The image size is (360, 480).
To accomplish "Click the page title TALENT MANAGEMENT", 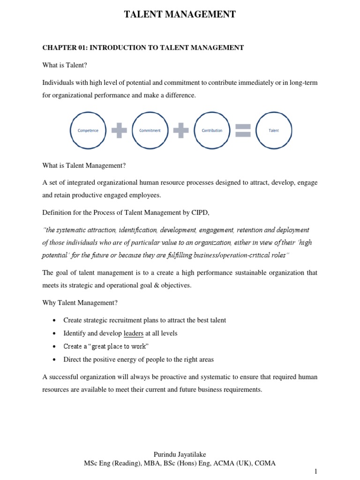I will click(x=180, y=15).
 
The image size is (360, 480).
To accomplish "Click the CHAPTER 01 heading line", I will click(x=143, y=47).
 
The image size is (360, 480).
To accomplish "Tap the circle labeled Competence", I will click(x=88, y=130).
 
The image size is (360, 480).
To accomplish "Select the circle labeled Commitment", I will click(x=150, y=130).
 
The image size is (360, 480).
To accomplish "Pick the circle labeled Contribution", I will click(x=212, y=130).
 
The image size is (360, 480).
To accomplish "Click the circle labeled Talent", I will click(x=274, y=130).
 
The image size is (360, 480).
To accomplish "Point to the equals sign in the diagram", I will click(x=243, y=130).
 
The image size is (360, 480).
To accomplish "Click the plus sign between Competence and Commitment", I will click(x=119, y=130).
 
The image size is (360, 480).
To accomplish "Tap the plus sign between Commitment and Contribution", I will click(x=181, y=130).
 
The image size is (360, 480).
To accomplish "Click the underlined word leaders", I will click(x=134, y=333).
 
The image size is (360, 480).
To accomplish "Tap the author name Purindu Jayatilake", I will click(x=180, y=455).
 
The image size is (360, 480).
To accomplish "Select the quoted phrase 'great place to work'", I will click(x=120, y=346).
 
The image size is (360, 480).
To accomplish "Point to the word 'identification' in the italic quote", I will click(x=138, y=230).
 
